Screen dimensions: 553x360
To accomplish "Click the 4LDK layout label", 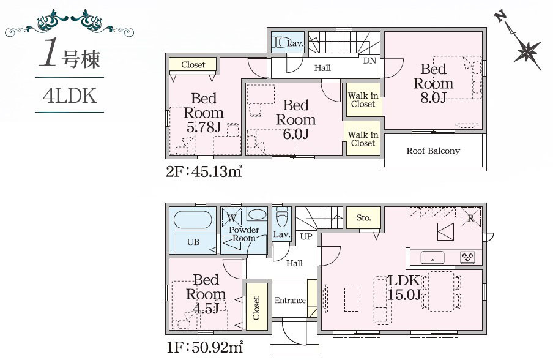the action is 70,96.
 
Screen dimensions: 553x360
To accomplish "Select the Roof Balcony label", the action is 433,151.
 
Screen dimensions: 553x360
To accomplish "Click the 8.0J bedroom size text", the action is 434,97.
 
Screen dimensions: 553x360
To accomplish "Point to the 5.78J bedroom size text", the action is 204,127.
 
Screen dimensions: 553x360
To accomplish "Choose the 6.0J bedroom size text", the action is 296,133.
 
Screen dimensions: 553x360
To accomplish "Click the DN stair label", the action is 369,61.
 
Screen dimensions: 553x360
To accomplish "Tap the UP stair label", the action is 306,236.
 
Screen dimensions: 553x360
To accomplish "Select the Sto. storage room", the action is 363,217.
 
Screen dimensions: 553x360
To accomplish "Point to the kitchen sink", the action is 432,257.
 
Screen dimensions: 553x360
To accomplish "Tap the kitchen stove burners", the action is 468,257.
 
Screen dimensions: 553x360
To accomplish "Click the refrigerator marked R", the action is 471,217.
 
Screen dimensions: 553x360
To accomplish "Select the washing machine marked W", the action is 231,217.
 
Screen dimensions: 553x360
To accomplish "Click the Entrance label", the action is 290,301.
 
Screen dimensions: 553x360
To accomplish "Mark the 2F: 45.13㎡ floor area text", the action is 204,171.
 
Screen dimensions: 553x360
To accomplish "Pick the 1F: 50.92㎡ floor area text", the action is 204,348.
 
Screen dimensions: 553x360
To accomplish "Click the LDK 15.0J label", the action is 404,287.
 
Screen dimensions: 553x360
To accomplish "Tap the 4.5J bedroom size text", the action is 206,308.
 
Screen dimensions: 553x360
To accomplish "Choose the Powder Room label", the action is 244,234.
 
